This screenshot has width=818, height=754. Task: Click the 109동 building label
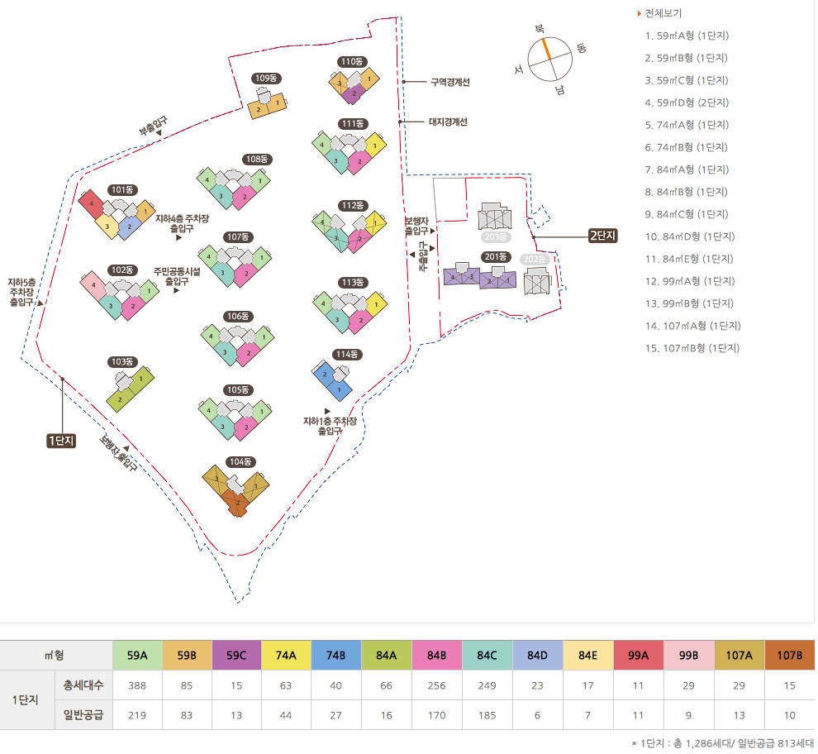click(267, 79)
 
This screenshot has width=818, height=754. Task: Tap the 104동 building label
click(240, 461)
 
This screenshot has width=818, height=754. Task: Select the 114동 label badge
click(348, 355)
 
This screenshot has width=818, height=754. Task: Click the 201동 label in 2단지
click(497, 256)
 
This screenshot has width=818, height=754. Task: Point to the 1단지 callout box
click(61, 441)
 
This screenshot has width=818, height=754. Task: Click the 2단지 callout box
click(603, 236)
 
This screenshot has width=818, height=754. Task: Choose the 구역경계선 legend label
click(450, 82)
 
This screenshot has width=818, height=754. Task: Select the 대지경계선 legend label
click(448, 122)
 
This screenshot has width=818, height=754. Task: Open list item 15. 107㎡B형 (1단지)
click(692, 348)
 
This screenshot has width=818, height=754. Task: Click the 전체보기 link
click(664, 13)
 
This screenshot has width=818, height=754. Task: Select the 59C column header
click(237, 656)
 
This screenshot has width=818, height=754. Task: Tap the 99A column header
click(638, 656)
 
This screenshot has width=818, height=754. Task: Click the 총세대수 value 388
click(137, 685)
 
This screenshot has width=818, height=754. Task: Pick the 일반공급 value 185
click(487, 715)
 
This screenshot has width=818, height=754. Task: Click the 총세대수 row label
click(82, 685)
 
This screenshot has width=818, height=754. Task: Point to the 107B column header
click(788, 656)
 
